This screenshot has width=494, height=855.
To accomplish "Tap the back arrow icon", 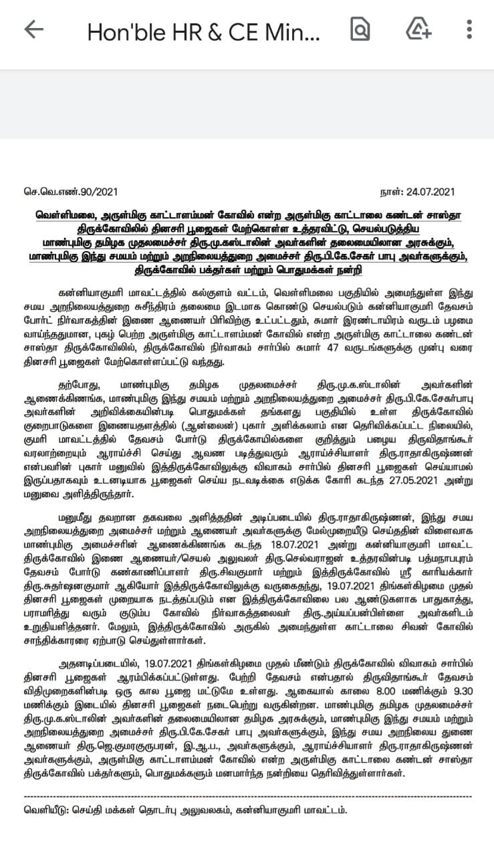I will (x=33, y=29).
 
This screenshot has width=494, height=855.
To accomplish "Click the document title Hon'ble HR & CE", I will (x=203, y=31).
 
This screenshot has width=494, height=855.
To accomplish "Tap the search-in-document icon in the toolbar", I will (x=360, y=29).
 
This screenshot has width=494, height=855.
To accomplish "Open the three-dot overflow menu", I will (x=470, y=29).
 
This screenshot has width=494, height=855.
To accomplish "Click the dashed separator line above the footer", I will (x=247, y=797).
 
